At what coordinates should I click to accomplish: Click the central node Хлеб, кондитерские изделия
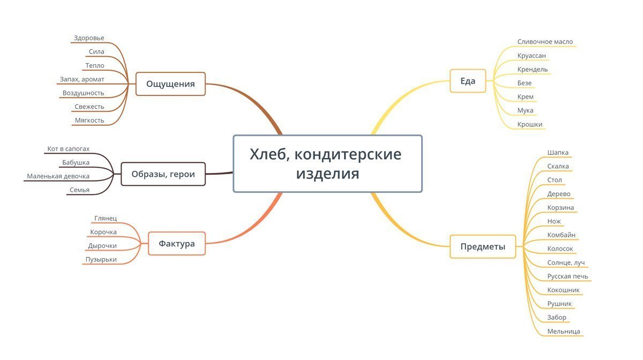coord(327,164)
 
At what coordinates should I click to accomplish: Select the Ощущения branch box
coord(170,84)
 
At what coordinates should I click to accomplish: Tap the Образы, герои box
coord(163,174)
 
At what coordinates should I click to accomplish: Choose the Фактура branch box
coord(177,244)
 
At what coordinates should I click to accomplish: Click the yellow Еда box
coord(468,81)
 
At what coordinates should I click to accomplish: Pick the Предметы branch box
coord(482,247)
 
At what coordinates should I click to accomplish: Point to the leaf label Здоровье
coord(89,38)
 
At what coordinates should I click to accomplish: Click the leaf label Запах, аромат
coord(82,79)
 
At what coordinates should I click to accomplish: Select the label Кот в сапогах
coord(68,148)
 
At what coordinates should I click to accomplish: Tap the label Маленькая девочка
coord(58,176)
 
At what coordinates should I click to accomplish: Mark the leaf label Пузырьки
coord(101,260)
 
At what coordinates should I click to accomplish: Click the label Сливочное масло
coord(545,42)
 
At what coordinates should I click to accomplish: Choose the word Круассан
coord(532,56)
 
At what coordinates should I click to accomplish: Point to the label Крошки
coord(530,124)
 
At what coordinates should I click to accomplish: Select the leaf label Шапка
coord(558,153)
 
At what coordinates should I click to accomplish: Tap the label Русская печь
coord(567,276)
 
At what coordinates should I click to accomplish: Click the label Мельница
coord(564,332)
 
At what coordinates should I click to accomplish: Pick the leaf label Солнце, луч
coord(566,263)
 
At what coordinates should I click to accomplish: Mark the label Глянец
coord(106,219)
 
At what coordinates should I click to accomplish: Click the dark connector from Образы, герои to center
coord(220,174)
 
